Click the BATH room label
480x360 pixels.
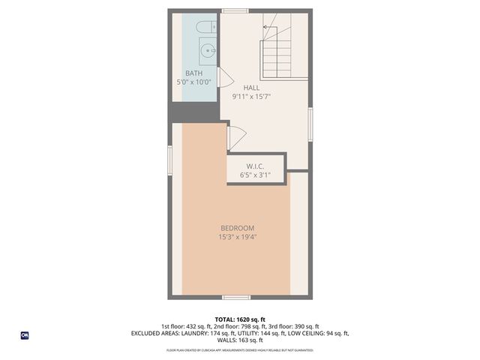[x=193, y=73]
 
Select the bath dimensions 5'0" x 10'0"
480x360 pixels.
[x=193, y=82]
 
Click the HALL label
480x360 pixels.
[x=251, y=88]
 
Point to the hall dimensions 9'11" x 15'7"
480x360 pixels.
[x=251, y=96]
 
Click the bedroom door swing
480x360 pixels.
[x=235, y=137]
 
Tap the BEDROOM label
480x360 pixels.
[x=237, y=228]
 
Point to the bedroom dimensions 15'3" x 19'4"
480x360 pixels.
[x=237, y=237]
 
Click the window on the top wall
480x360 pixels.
[x=235, y=10]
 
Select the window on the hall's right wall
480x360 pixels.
[x=310, y=124]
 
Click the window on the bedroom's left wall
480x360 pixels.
[x=170, y=160]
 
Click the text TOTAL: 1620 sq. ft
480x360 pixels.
[x=239, y=319]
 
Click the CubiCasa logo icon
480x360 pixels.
[x=24, y=335]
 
